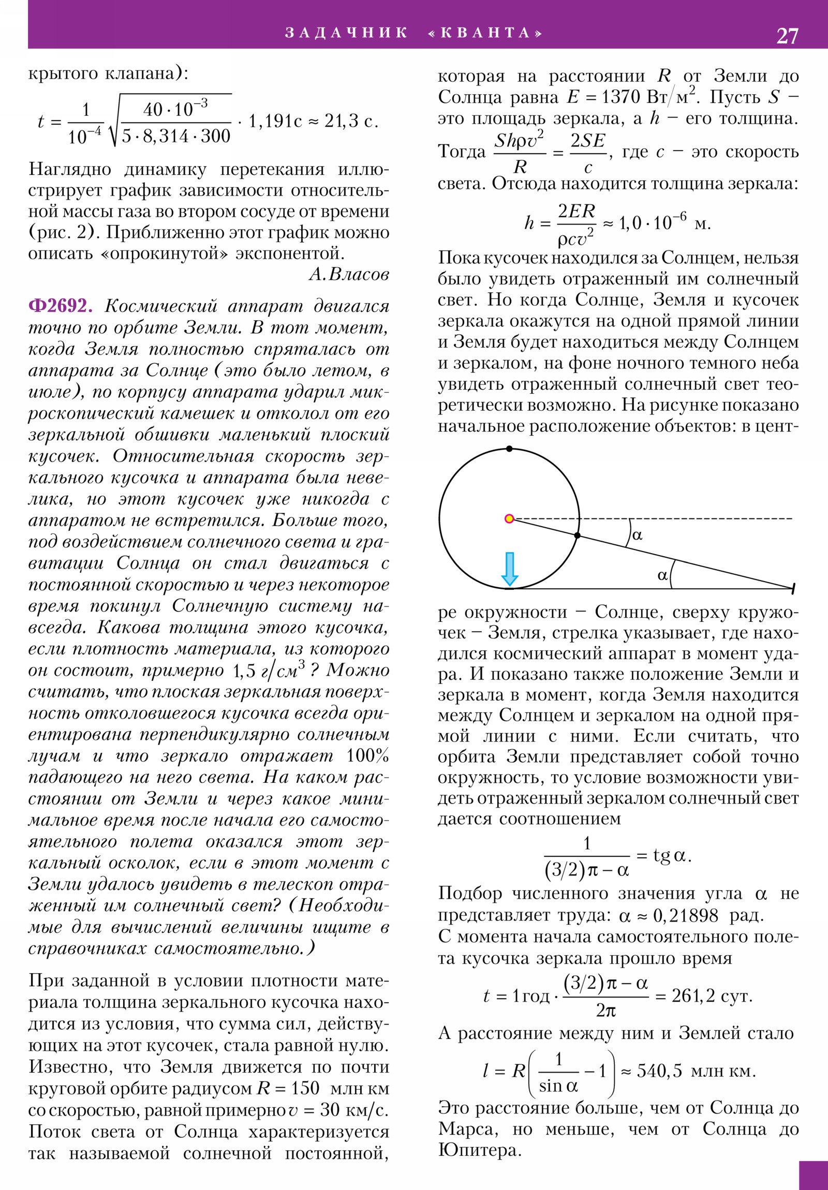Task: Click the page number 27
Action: tap(787, 36)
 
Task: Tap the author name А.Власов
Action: tap(349, 274)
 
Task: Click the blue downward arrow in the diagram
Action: tap(510, 569)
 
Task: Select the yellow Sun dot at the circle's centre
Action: tap(509, 518)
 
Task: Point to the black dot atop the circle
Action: tap(509, 449)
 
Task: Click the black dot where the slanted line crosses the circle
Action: tap(578, 535)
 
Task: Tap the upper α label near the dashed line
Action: tap(637, 535)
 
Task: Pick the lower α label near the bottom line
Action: tap(662, 575)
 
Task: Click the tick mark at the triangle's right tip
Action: tap(793, 588)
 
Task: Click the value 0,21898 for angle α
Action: tap(685, 916)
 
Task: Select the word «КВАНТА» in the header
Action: tap(485, 33)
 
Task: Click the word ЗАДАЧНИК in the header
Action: tap(346, 33)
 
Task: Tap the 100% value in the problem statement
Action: tap(367, 756)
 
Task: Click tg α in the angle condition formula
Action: tap(670, 855)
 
